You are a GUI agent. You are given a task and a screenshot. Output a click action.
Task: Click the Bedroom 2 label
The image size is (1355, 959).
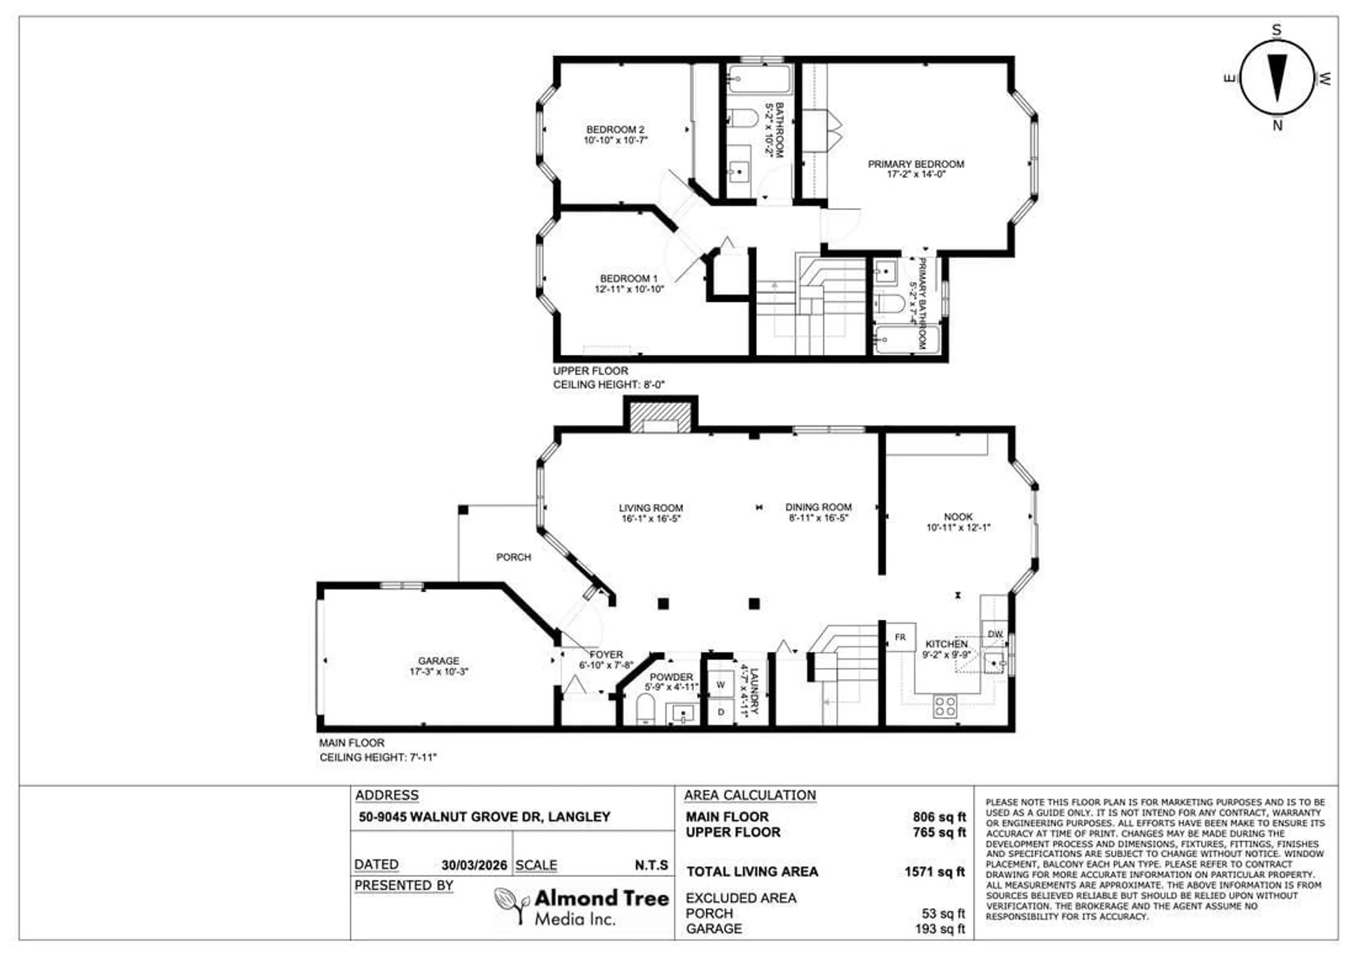tap(615, 129)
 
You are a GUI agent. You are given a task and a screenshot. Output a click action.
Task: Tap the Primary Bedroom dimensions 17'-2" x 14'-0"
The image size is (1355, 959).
tap(916, 174)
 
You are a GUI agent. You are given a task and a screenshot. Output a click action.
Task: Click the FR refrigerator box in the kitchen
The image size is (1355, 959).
tap(901, 637)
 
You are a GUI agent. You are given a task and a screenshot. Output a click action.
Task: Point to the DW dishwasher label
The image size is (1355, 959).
tap(995, 634)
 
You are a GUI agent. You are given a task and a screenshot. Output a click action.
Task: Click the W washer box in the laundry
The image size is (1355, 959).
tap(721, 685)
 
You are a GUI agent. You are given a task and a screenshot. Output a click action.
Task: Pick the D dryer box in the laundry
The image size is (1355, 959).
tap(721, 712)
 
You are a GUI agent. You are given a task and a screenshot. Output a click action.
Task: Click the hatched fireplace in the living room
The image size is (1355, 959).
tap(660, 417)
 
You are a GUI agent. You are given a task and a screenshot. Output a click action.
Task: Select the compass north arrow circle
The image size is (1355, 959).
tap(1277, 78)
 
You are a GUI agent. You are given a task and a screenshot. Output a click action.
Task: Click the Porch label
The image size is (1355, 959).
tap(513, 557)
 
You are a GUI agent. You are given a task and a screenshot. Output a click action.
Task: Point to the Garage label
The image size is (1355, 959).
tap(439, 661)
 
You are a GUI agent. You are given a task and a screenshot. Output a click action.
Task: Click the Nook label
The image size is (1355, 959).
tap(958, 517)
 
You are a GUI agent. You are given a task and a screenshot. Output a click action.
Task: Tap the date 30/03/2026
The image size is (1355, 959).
tap(474, 865)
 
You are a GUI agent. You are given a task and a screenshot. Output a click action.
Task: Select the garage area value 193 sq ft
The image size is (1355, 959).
tap(940, 929)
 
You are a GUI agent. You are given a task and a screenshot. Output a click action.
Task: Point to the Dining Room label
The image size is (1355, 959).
tap(818, 507)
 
